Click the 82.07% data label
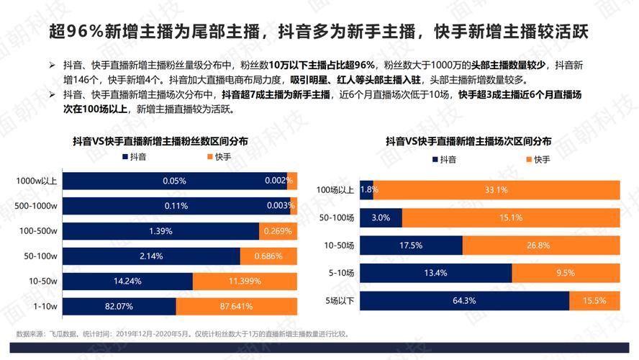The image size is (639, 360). [x=118, y=307]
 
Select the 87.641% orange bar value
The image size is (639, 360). [x=236, y=307]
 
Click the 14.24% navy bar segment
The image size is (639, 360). [x=127, y=282]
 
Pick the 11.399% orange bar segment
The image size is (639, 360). [x=245, y=282]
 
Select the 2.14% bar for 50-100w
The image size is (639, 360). [x=151, y=256]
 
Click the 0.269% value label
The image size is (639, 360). [x=278, y=231]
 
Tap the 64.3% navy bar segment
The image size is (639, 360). [x=464, y=301]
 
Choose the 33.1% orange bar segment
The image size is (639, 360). [x=497, y=190]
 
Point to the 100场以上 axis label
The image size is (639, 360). [x=335, y=190]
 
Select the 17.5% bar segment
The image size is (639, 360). [x=411, y=246]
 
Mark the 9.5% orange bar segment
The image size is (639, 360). [x=565, y=273]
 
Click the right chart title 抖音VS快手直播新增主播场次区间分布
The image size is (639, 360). [x=468, y=142]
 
